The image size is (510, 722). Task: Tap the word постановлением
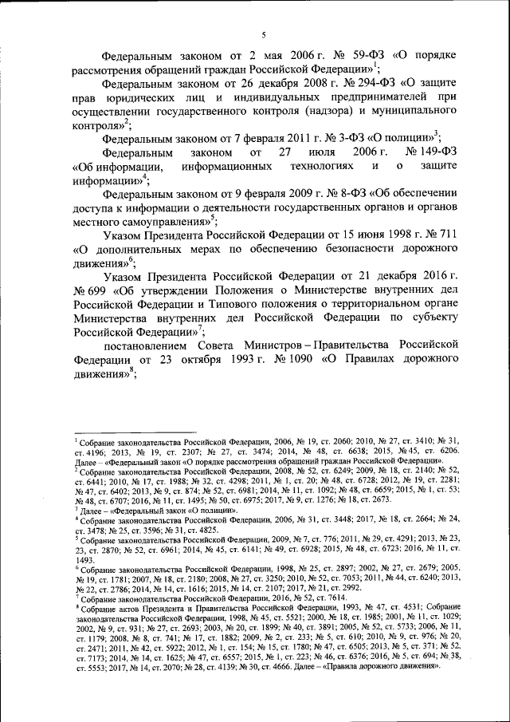click(x=150, y=345)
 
